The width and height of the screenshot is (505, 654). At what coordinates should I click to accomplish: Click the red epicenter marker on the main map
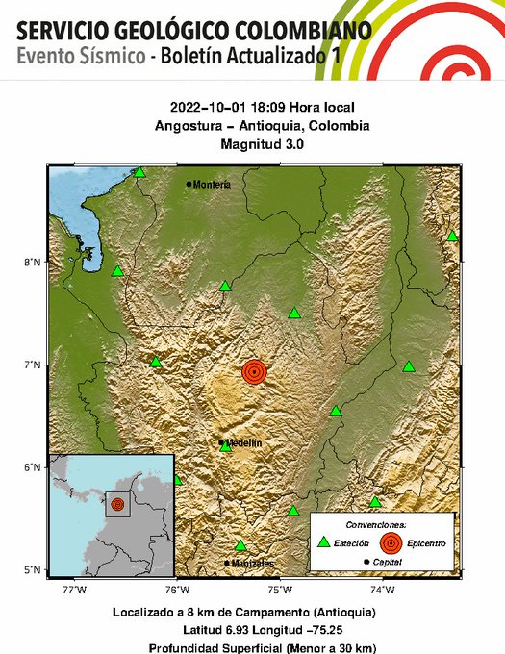tap(254, 371)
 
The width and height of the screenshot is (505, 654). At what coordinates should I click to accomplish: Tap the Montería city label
tap(212, 185)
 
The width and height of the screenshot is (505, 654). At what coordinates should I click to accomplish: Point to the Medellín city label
tap(244, 442)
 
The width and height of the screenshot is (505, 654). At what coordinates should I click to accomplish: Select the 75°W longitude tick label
tap(280, 589)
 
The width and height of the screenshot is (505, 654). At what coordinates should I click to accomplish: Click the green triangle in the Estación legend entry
tap(324, 543)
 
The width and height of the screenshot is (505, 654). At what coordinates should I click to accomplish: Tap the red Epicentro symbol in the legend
tap(390, 543)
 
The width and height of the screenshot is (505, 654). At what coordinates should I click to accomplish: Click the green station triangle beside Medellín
tap(225, 446)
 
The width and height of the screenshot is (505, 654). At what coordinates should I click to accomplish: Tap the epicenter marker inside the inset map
tap(117, 504)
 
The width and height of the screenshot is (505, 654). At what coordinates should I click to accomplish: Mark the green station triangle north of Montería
tap(139, 172)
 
